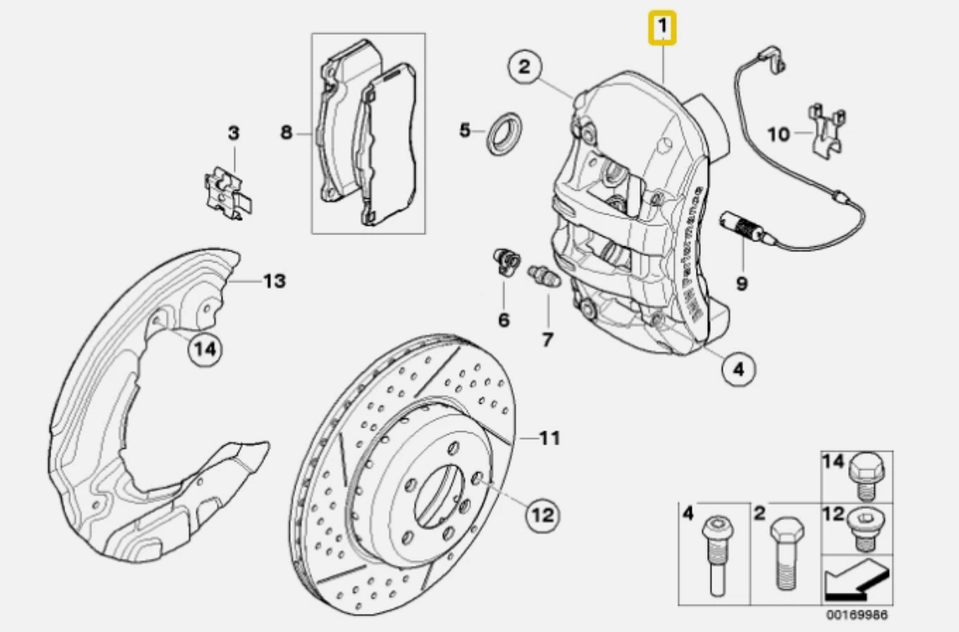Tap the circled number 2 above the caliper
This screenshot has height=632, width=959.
point(526,67)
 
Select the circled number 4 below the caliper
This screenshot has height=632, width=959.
point(737,370)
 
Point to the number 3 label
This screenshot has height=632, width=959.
point(234,133)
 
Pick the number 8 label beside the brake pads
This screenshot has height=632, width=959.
point(287,131)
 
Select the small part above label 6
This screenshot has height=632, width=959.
point(503,260)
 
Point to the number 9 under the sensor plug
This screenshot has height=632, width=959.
point(741,284)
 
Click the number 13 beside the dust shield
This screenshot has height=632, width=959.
point(274,281)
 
